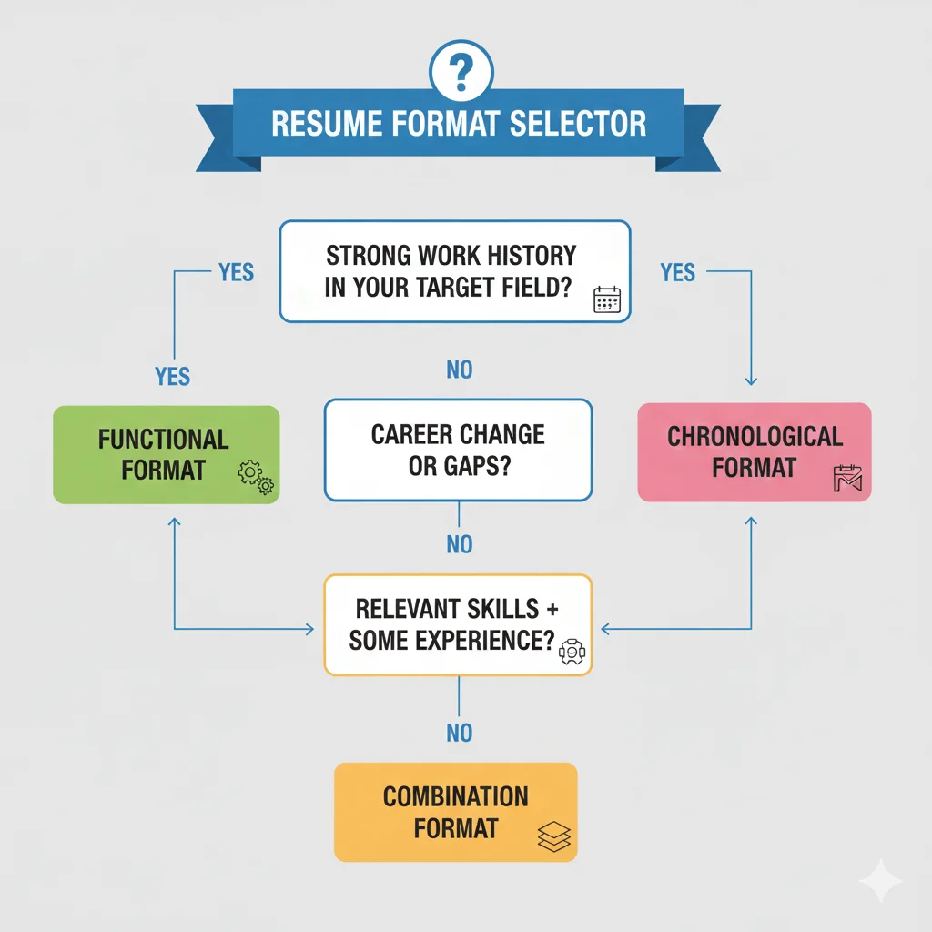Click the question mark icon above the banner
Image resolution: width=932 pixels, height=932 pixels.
461,70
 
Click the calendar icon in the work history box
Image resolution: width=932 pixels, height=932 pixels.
606,299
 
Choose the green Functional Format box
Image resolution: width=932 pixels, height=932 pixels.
166,454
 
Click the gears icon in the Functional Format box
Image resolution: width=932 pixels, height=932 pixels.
255,477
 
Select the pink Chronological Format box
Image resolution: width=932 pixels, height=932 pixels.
754,452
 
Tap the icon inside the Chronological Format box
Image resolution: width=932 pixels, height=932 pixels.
846,478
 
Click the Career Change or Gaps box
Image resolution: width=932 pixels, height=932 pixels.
458,450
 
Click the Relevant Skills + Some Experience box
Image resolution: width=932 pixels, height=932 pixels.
458,624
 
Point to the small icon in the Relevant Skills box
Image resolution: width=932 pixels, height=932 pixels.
571,651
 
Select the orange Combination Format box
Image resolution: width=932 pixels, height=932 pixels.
455,812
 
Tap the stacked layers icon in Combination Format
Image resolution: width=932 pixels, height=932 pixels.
553,836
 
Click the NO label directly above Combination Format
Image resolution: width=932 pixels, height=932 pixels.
460,733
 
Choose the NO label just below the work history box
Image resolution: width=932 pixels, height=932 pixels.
460,370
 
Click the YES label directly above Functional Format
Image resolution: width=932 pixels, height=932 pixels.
173,376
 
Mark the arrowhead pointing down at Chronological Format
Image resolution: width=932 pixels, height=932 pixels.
752,381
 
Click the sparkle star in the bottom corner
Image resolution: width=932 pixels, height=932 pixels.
880,882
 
